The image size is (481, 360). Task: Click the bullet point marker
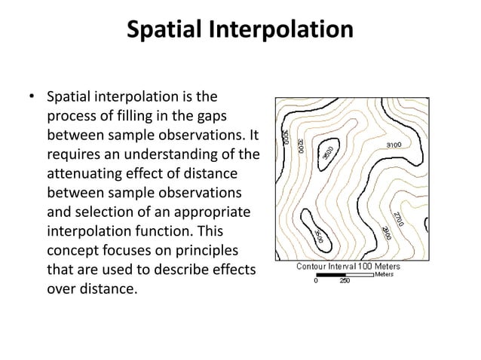(32, 98)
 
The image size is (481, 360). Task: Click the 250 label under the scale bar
(345, 282)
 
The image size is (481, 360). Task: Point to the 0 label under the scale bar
(316, 282)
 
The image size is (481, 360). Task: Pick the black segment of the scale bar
(329, 275)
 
